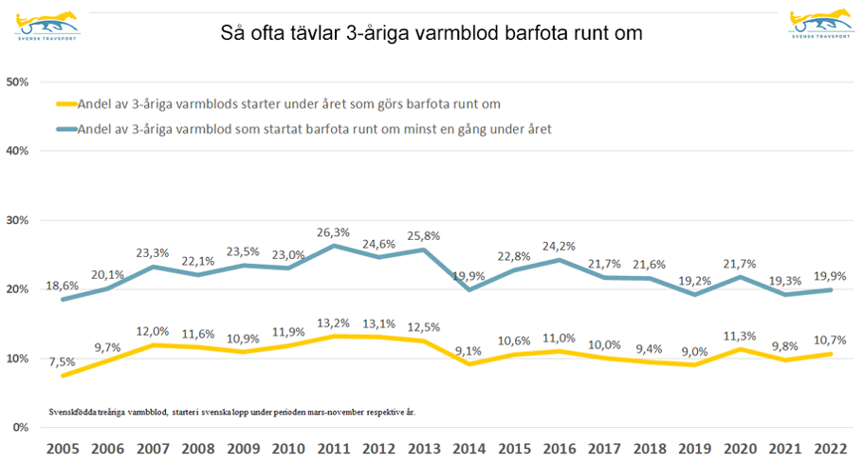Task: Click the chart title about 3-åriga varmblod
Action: (431, 33)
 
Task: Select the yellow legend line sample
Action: (66, 104)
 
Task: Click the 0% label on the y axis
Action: (21, 428)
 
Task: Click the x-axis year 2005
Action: (64, 451)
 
